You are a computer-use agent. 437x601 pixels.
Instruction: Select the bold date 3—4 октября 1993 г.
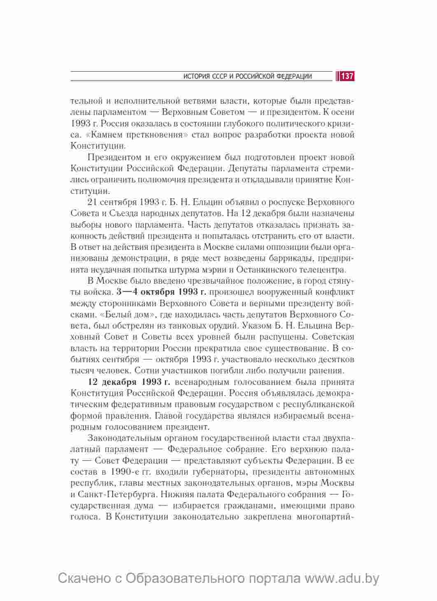tap(161, 292)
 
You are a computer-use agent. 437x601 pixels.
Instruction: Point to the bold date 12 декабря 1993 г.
tap(132, 382)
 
